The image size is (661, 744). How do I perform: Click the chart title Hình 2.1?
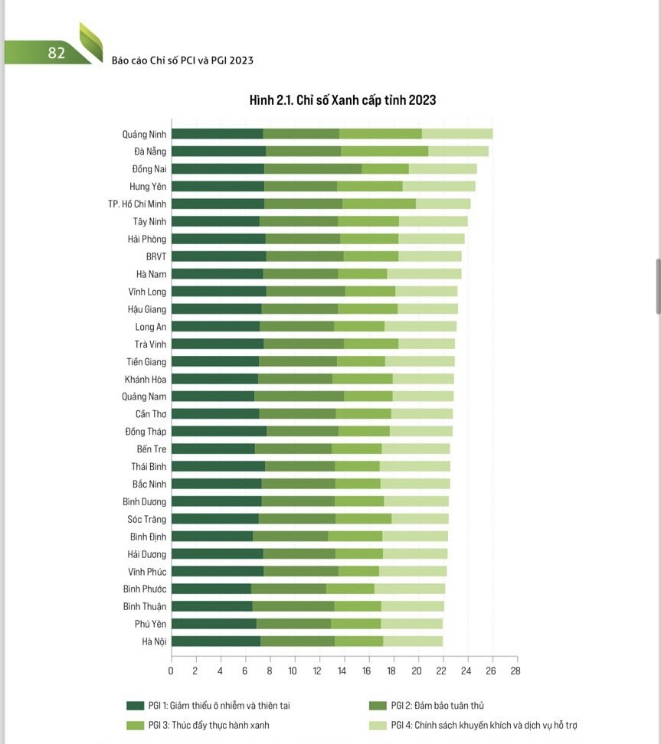coord(342,100)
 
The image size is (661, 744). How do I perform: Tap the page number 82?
coord(56,53)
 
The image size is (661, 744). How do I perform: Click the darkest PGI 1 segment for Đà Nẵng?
coord(218,152)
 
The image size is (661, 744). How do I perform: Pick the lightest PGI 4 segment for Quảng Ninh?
coord(457,134)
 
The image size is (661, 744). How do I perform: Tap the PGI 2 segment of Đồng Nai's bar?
coord(313,168)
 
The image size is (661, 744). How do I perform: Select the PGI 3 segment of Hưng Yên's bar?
coord(370,186)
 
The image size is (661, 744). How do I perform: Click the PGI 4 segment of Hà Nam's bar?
coord(424,274)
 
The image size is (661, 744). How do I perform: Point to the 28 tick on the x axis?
coord(515,671)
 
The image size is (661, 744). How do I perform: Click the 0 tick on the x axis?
coord(171,671)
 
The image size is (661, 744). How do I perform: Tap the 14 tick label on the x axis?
coord(342,671)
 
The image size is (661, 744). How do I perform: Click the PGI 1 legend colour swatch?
coord(135,706)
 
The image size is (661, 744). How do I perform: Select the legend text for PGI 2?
coord(437,706)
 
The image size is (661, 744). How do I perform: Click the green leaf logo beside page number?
coord(92,41)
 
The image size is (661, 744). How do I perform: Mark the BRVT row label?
coord(156,256)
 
